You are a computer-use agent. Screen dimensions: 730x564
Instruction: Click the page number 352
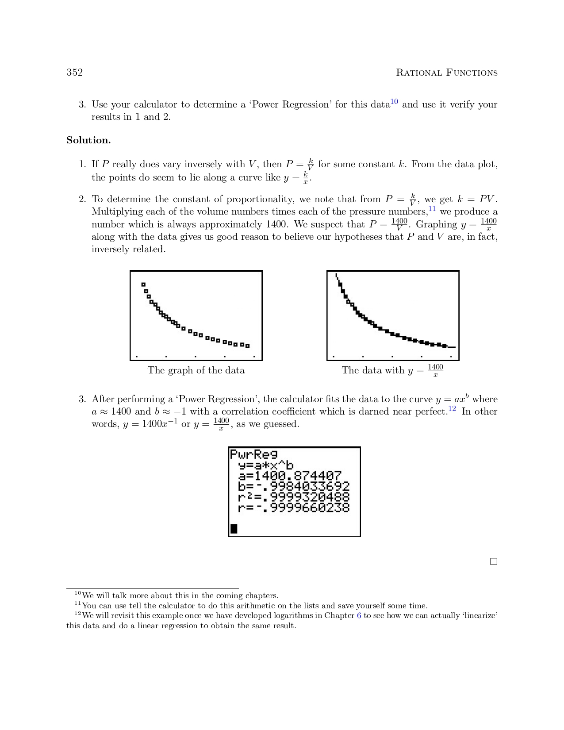click(75, 73)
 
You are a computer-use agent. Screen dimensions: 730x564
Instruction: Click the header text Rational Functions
click(446, 73)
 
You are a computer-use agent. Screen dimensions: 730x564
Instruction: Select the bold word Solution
click(88, 140)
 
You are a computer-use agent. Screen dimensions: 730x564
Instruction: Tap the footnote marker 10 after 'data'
click(394, 102)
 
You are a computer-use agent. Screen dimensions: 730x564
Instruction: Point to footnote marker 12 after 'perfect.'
click(452, 409)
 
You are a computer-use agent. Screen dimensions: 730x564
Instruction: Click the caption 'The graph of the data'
click(196, 370)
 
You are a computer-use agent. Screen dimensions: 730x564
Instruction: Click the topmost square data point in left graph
click(143, 284)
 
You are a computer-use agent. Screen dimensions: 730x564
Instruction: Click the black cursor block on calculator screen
click(234, 529)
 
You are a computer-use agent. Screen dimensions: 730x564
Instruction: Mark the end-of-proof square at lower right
click(494, 561)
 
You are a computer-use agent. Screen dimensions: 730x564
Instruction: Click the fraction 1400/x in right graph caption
click(435, 371)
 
